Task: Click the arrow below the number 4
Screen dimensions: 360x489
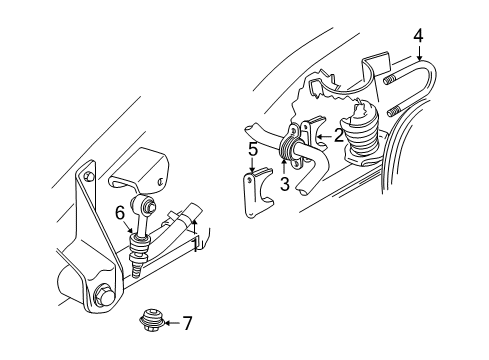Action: point(418,52)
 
